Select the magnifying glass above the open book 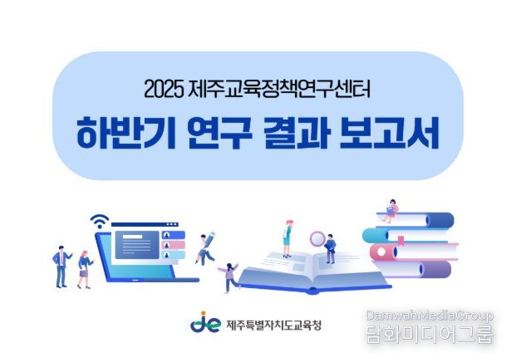coord(317,239)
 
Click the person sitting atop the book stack coord(391,208)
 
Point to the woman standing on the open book coord(287,236)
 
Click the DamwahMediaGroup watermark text coord(430,316)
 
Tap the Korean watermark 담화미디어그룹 coord(430,335)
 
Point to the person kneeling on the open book coord(330,247)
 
